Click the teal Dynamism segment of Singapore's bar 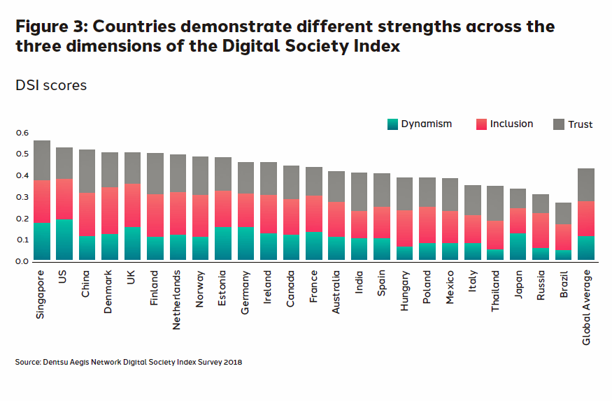pyautogui.click(x=42, y=242)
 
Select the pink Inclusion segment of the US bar pyautogui.click(x=64, y=199)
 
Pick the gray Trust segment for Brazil pyautogui.click(x=563, y=213)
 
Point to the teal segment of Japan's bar pyautogui.click(x=518, y=247)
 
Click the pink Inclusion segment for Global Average pyautogui.click(x=585, y=219)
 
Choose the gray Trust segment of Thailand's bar pyautogui.click(x=495, y=203)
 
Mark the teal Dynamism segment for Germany pyautogui.click(x=245, y=244)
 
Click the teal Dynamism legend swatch pyautogui.click(x=392, y=124)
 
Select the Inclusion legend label pyautogui.click(x=511, y=124)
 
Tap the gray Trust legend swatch pyautogui.click(x=558, y=124)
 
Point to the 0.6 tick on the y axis pyautogui.click(x=22, y=133)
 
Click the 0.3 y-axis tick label pyautogui.click(x=22, y=197)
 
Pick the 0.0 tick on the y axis pyautogui.click(x=22, y=261)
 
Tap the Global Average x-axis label pyautogui.click(x=586, y=306)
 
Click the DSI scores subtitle pyautogui.click(x=51, y=85)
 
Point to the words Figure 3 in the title pyautogui.click(x=50, y=27)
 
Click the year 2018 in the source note pyautogui.click(x=232, y=362)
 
